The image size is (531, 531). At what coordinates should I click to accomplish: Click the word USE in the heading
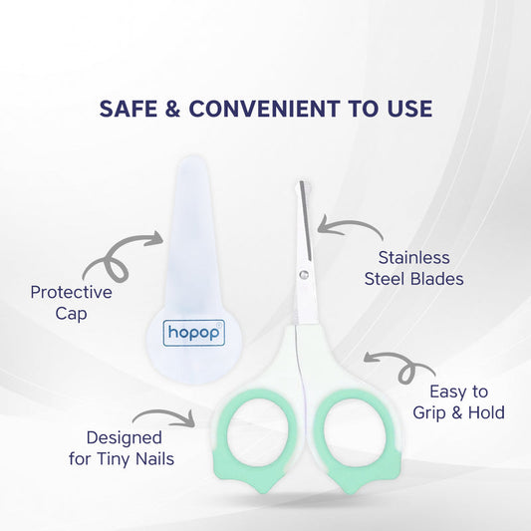[405, 109]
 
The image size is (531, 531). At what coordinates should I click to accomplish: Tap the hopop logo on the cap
[195, 332]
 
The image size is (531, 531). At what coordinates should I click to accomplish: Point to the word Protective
[71, 293]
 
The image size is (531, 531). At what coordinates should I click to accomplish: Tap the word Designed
[124, 437]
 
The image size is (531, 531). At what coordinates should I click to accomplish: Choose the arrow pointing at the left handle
[161, 415]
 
